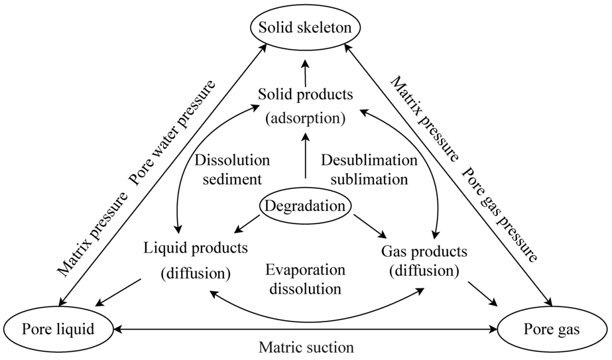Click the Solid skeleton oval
point(305,28)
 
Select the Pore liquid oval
point(58,329)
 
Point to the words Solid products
point(305,95)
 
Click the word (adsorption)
point(305,119)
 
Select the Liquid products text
point(196,248)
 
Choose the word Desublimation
point(369,160)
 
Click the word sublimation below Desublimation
point(369,179)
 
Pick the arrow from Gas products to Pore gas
point(482,293)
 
